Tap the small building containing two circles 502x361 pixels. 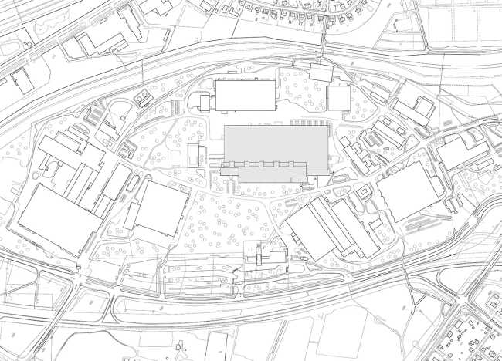(x=144, y=98)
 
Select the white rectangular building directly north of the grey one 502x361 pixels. (x=245, y=96)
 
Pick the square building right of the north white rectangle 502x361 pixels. (x=338, y=98)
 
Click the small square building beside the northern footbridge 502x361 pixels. (x=320, y=72)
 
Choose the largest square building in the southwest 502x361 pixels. (x=59, y=219)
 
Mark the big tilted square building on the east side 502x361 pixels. (x=406, y=191)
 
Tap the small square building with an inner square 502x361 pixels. (x=361, y=190)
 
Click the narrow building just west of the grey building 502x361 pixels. (x=194, y=154)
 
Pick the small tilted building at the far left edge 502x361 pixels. (x=21, y=81)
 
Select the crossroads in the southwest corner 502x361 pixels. (x=80, y=275)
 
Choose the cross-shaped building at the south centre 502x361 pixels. (x=262, y=255)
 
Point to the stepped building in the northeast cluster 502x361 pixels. (x=419, y=109)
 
